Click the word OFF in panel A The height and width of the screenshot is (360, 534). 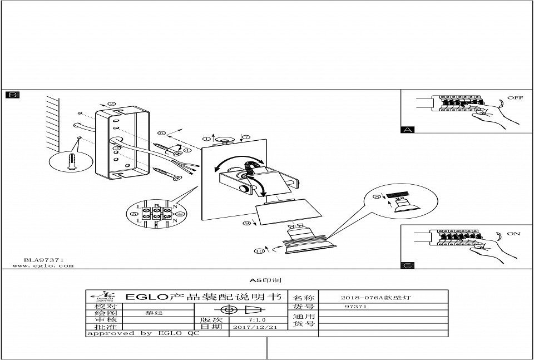tap(515, 98)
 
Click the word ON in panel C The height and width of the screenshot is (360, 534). tap(513, 234)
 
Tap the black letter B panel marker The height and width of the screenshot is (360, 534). tap(12, 95)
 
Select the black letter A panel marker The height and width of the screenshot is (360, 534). tap(408, 130)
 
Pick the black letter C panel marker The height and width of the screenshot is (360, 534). tap(408, 265)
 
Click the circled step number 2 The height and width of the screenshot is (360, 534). tap(111, 103)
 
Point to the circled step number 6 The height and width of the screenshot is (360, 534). tap(161, 133)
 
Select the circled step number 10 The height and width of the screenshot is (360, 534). tap(259, 251)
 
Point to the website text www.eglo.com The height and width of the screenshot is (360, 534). tap(43, 266)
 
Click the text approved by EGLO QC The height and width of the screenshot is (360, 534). tap(142, 333)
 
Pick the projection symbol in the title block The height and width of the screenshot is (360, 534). tap(240, 309)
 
